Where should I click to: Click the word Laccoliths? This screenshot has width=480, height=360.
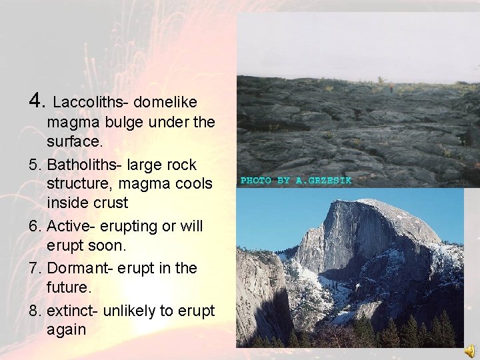[x=90, y=102]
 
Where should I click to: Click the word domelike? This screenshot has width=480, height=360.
[x=165, y=102]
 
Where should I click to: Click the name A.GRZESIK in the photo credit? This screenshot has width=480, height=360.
[x=323, y=181]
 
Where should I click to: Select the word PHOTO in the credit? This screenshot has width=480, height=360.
[x=255, y=181]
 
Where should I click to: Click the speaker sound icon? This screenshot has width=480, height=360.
[x=471, y=351]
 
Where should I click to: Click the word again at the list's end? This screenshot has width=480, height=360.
[x=67, y=329]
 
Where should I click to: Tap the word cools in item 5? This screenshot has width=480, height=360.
[x=193, y=183]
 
